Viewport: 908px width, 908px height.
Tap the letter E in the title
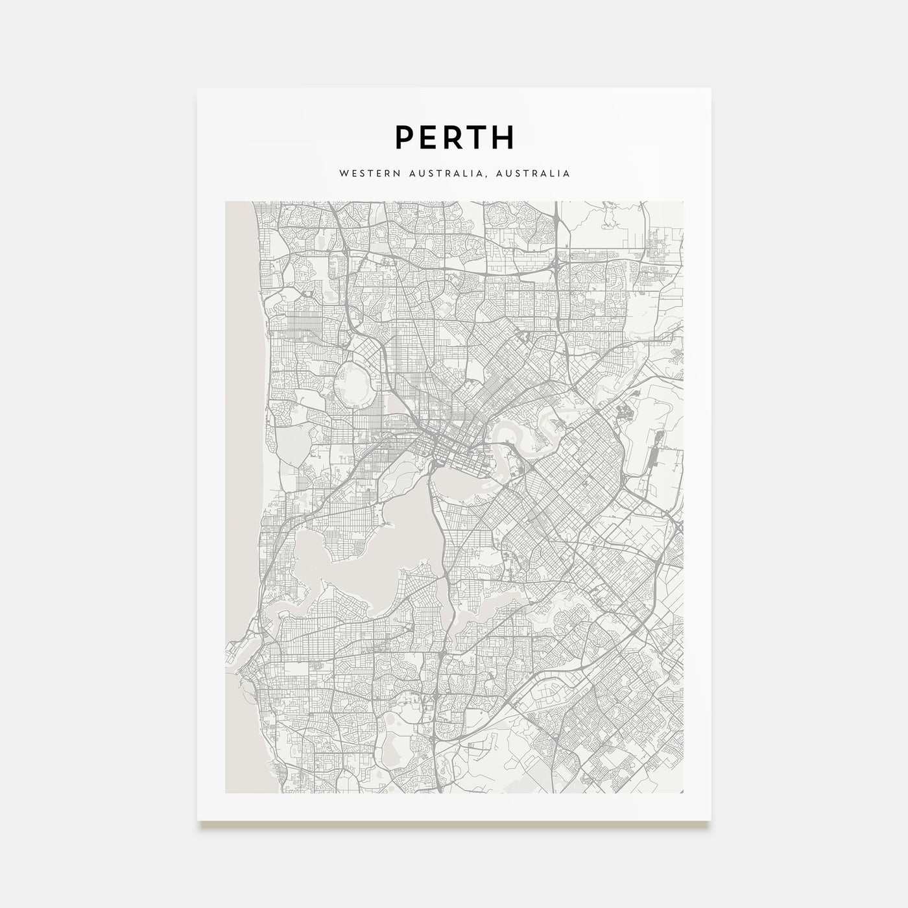coord(430,137)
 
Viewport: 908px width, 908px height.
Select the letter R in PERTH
coord(455,137)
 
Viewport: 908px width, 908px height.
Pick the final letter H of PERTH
coord(504,137)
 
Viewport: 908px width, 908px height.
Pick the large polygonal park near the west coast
coord(289,448)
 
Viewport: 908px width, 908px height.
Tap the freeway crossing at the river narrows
coord(429,468)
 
